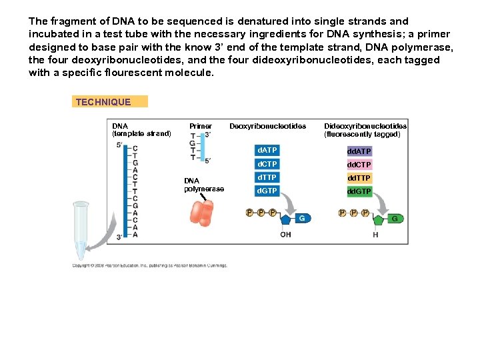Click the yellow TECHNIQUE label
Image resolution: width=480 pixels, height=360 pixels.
(109, 102)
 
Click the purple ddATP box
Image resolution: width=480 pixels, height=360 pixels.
(359, 151)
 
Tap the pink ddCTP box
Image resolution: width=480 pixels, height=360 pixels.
(359, 165)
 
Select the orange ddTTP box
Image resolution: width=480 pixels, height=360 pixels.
(359, 178)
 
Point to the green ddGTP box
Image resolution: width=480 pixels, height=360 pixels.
(359, 192)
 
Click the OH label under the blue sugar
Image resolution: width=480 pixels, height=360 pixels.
(285, 235)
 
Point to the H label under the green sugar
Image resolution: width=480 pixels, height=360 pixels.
(375, 235)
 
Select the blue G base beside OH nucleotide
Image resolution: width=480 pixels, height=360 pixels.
(301, 218)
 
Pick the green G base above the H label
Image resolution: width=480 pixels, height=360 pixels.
(394, 218)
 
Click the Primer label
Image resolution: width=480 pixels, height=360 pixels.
(201, 126)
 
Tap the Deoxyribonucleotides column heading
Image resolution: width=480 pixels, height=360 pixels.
(267, 126)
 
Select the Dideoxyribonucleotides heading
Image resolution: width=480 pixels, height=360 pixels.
(365, 130)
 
